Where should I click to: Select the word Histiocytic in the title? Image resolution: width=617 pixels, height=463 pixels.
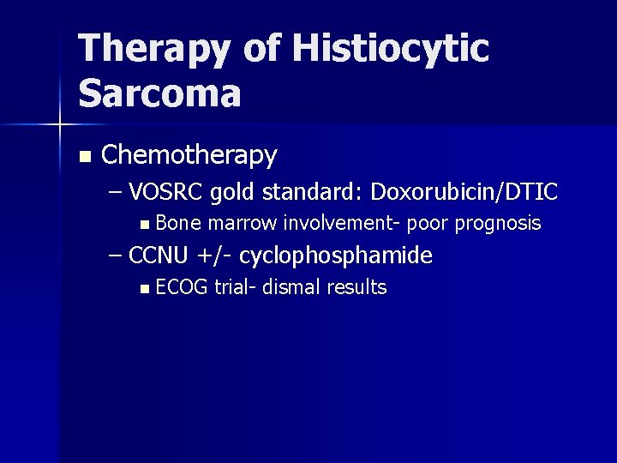390,49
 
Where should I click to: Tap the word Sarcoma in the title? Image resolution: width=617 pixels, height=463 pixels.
159,93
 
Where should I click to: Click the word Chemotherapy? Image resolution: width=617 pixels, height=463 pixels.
189,155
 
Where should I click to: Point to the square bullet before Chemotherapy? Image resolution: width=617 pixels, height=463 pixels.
83,157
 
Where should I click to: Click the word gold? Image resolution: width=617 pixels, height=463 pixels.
233,192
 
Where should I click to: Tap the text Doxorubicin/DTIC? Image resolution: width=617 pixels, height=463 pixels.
464,192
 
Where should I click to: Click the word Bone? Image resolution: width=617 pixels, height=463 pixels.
178,224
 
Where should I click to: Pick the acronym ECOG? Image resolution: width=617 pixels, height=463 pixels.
183,287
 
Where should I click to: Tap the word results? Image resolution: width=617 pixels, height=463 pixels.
356,287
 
